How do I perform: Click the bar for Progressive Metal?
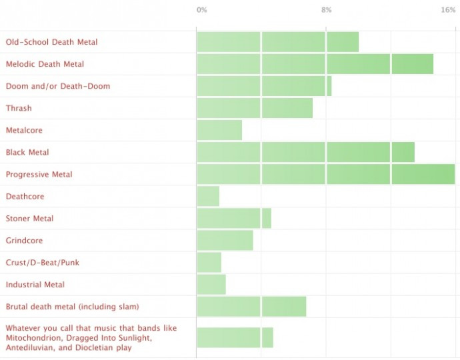pos(325,174)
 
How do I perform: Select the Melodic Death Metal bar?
pos(315,64)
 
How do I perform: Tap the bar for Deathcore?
pos(208,196)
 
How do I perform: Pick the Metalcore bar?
pos(219,130)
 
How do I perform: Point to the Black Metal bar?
pos(305,152)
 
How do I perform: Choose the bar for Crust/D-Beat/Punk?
pos(209,262)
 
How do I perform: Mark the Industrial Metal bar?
pos(211,284)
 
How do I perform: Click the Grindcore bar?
pos(225,240)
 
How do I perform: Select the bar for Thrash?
pos(255,108)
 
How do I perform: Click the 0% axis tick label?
pos(201,10)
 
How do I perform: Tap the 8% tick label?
pos(326,10)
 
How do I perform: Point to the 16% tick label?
pos(448,10)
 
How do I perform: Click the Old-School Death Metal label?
pos(51,42)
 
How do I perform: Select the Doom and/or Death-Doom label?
pos(58,86)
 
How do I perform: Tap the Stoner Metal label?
pos(29,218)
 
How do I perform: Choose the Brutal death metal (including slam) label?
pos(72,306)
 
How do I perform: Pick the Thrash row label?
pos(19,108)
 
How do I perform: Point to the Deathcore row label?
pos(25,196)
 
